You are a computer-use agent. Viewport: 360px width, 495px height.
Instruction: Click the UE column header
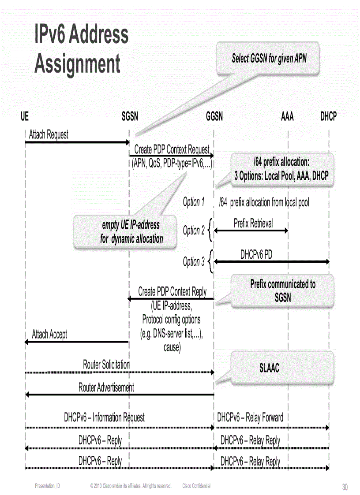point(25,116)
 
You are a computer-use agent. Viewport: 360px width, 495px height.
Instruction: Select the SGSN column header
point(130,116)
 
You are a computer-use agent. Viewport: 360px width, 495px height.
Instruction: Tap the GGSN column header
point(214,116)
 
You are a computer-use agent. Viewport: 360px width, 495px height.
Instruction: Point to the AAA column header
point(287,116)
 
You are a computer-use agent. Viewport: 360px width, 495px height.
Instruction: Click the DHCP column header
point(328,116)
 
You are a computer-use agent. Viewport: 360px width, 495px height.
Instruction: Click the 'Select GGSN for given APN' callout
point(269,58)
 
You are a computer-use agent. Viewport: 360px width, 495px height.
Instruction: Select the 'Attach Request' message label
point(49,134)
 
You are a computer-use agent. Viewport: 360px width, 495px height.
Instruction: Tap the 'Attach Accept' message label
point(49,335)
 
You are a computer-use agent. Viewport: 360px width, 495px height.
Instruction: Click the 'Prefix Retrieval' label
point(253,223)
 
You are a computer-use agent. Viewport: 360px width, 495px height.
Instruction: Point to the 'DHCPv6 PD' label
point(256,255)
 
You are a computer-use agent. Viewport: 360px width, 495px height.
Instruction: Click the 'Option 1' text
point(194,202)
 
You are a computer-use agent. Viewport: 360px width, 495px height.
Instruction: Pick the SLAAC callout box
point(269,368)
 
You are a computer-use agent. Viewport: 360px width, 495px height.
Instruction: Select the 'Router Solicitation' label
point(106,365)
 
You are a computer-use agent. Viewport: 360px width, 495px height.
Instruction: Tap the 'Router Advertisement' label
point(106,387)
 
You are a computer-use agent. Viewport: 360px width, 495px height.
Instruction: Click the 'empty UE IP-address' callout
point(131,232)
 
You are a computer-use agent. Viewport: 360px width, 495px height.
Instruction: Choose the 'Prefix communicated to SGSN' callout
point(283,290)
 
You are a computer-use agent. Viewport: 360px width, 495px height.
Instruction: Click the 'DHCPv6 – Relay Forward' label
point(250,417)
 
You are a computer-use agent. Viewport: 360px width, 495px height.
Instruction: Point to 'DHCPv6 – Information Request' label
point(104,417)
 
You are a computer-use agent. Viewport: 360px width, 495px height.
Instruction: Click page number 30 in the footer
point(345,487)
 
